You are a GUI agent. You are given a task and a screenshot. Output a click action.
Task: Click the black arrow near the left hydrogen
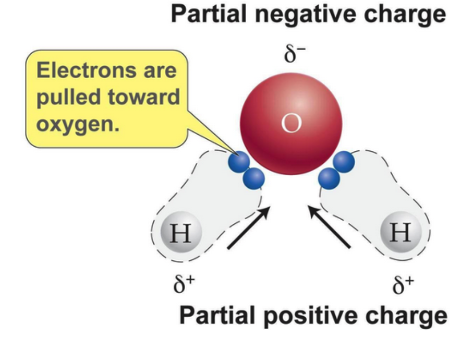tap(249, 227)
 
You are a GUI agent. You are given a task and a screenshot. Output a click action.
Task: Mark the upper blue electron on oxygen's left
tap(239, 162)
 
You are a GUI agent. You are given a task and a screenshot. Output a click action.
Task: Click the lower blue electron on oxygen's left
tap(253, 178)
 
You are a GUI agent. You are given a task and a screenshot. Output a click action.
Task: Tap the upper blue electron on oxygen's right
tap(344, 162)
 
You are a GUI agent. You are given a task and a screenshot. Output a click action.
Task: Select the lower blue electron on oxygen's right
tap(329, 178)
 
